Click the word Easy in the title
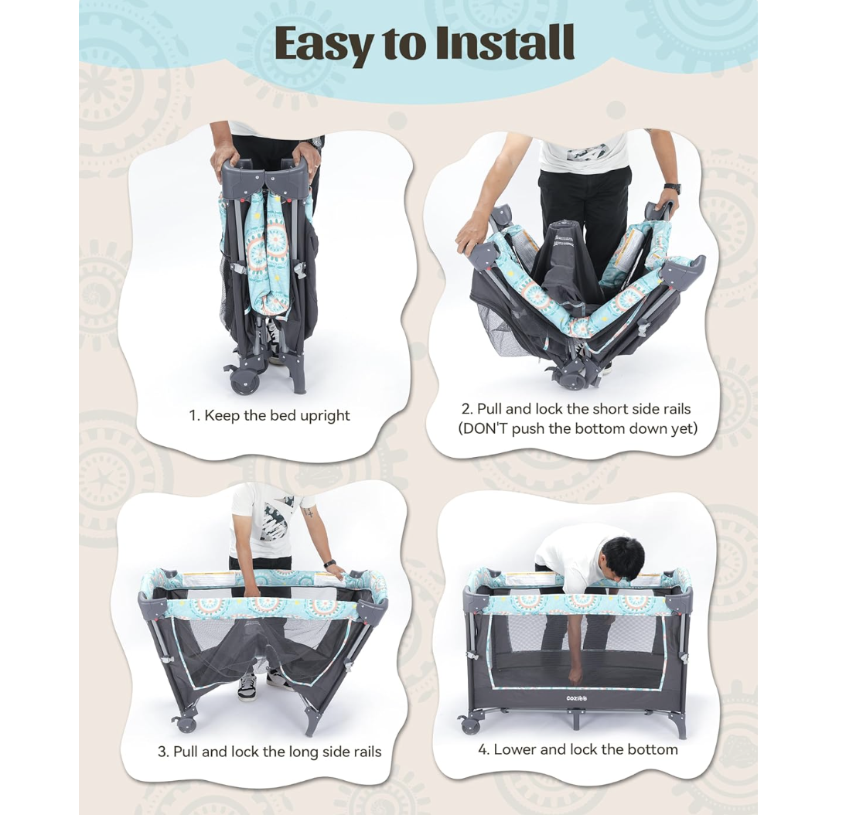point(322,43)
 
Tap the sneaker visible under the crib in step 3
point(247,687)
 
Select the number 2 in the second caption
point(466,409)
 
